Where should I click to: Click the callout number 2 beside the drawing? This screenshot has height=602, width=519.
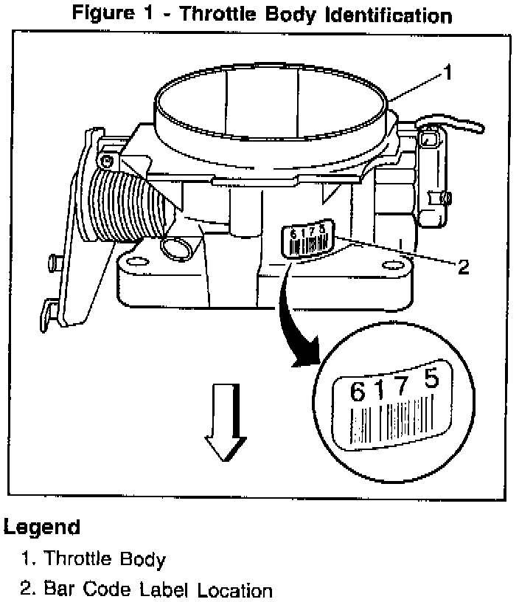pos(463,267)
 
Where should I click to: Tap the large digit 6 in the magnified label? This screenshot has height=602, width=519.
pos(357,392)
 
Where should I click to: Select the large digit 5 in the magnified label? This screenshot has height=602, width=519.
pos(433,379)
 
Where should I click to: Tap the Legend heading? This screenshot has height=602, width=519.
pos(42,527)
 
